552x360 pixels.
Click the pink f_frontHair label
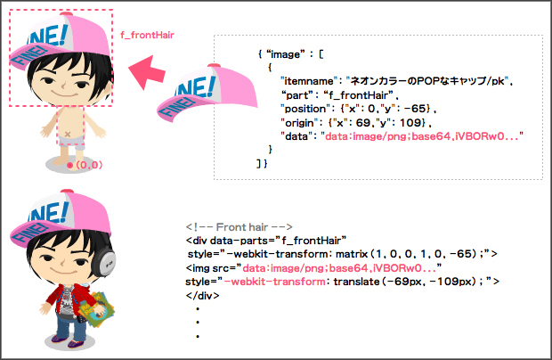tap(147, 35)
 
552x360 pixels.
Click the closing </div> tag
tap(202, 295)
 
